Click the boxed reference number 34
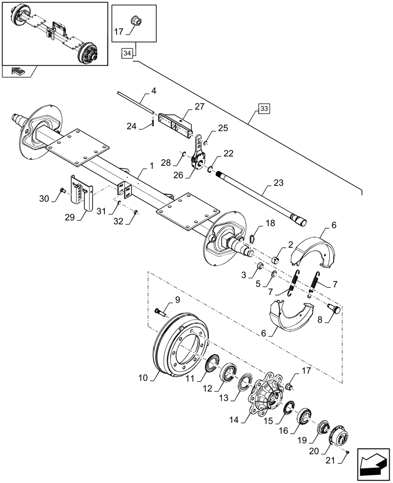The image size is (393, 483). point(127,53)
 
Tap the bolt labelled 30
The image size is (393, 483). point(62,190)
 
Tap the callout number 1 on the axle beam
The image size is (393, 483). point(151,166)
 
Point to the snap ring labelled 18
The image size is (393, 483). point(252,237)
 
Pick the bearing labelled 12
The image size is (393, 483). point(228,373)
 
